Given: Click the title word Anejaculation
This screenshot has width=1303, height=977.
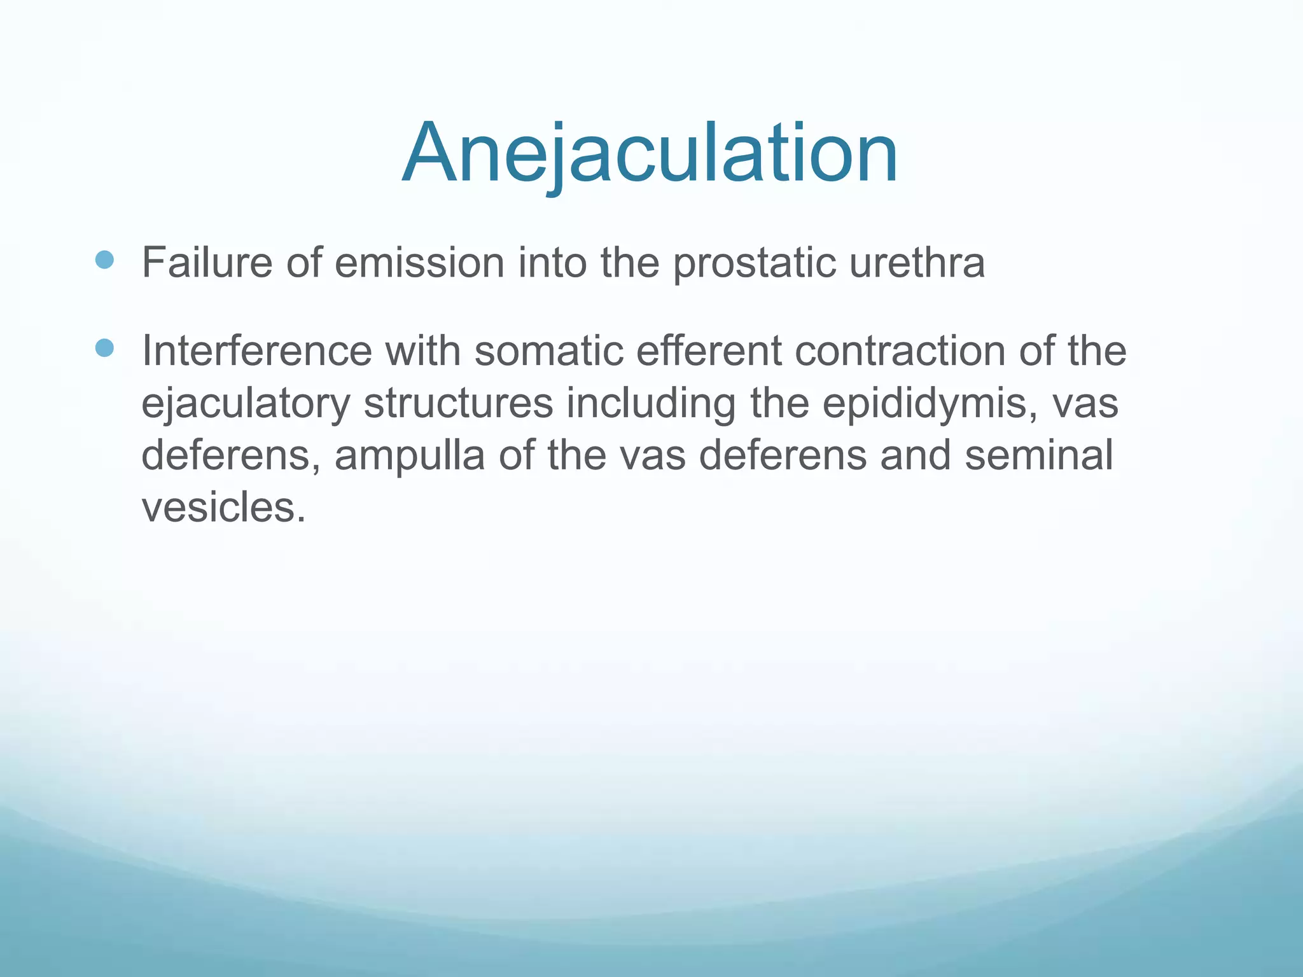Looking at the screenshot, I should pyautogui.click(x=650, y=155).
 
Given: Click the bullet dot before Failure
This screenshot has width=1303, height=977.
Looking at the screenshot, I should pyautogui.click(x=104, y=260).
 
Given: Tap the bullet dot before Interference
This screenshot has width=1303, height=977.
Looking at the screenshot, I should pyautogui.click(x=104, y=348).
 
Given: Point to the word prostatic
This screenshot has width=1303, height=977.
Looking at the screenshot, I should pyautogui.click(x=754, y=263).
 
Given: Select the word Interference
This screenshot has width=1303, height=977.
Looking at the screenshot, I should pyautogui.click(x=256, y=350).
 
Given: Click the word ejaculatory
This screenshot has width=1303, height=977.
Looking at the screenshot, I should pyautogui.click(x=246, y=405).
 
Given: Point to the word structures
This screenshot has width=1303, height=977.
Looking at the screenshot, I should pyautogui.click(x=458, y=404).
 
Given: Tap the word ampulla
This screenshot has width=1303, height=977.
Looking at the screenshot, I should pyautogui.click(x=410, y=457).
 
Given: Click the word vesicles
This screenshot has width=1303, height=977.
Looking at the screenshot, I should pyautogui.click(x=223, y=508).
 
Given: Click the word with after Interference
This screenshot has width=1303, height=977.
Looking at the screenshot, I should pyautogui.click(x=423, y=350).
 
